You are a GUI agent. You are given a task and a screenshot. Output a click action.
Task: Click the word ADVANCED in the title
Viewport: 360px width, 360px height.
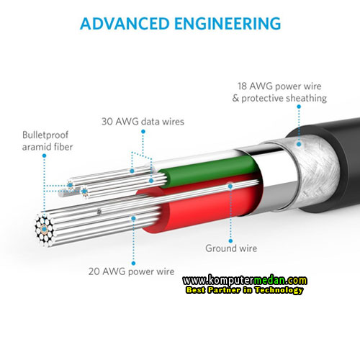(x=125, y=24)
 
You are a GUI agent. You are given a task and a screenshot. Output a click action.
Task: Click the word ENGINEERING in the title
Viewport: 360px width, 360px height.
(x=228, y=24)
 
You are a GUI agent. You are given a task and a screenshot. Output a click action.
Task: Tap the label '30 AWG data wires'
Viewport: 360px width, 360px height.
(x=143, y=122)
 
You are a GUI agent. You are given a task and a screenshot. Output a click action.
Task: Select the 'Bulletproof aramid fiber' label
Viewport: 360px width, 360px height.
(x=48, y=141)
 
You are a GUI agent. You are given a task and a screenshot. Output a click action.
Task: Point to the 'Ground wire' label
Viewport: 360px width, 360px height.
(x=231, y=248)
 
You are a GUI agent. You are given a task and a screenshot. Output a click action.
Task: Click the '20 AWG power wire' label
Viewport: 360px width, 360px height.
(x=131, y=271)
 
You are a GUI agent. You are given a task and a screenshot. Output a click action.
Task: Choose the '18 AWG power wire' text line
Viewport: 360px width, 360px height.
(x=279, y=86)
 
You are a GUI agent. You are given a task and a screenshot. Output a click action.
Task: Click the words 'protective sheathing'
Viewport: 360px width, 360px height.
(x=284, y=98)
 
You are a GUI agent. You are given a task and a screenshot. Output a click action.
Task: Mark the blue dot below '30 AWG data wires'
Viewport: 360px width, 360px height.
(x=143, y=132)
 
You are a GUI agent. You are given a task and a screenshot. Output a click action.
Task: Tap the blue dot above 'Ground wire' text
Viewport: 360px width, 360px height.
(x=230, y=240)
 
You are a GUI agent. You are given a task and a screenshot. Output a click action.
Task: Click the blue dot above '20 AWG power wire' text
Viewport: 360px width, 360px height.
(x=134, y=264)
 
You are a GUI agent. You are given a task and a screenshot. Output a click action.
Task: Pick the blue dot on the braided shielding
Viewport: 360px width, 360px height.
(x=299, y=144)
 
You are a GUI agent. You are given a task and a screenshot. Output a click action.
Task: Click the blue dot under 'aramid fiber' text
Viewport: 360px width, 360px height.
(x=44, y=156)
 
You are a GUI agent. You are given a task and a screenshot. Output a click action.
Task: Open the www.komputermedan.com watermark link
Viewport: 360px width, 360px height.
(x=245, y=280)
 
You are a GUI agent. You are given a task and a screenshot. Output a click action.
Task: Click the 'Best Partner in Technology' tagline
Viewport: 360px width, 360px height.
(x=245, y=290)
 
